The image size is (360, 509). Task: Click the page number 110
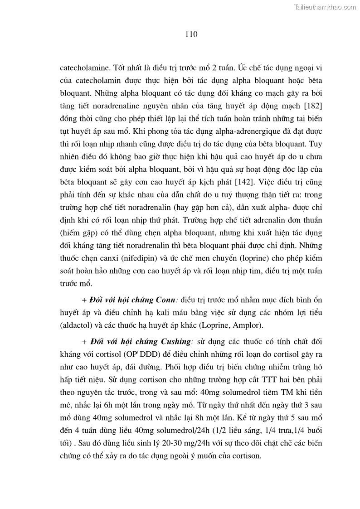click(x=191, y=34)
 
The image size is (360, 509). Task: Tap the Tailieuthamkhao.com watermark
click(x=326, y=7)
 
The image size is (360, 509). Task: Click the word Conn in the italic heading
click(x=166, y=300)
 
